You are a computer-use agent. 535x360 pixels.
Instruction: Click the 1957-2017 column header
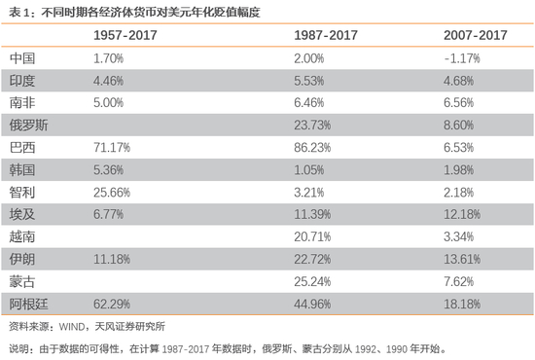pyautogui.click(x=125, y=35)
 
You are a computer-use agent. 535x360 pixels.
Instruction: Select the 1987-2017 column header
pyautogui.click(x=326, y=35)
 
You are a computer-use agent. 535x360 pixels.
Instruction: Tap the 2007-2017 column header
pyautogui.click(x=476, y=35)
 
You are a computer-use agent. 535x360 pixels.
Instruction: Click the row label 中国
pyautogui.click(x=22, y=58)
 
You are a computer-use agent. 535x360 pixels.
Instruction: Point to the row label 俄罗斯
pyautogui.click(x=28, y=126)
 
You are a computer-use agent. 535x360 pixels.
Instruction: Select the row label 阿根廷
pyautogui.click(x=28, y=304)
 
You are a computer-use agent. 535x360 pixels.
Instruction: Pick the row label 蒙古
pyautogui.click(x=22, y=282)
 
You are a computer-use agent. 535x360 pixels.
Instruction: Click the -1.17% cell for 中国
pyautogui.click(x=462, y=58)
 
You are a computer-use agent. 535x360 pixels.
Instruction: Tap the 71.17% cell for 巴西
pyautogui.click(x=112, y=148)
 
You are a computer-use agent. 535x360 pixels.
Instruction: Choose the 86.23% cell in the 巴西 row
pyautogui.click(x=312, y=148)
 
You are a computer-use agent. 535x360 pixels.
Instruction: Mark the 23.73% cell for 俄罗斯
pyautogui.click(x=312, y=126)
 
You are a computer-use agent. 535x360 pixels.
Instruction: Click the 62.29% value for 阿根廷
pyautogui.click(x=112, y=304)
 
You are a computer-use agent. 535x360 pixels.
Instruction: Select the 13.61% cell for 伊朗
pyautogui.click(x=462, y=260)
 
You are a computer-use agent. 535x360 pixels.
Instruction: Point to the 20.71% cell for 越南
pyautogui.click(x=312, y=236)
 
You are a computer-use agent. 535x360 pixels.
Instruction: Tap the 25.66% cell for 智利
pyautogui.click(x=112, y=193)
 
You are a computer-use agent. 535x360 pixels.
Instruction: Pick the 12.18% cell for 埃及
pyautogui.click(x=462, y=215)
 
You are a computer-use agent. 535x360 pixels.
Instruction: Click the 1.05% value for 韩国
pyautogui.click(x=309, y=170)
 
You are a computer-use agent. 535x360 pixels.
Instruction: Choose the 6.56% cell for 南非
pyautogui.click(x=458, y=103)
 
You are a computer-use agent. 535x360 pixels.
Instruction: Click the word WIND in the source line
pyautogui.click(x=72, y=327)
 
